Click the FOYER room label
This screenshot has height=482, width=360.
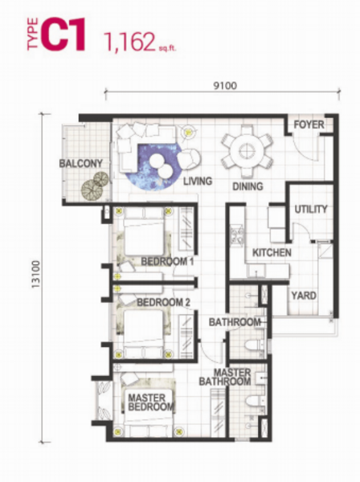point(309,125)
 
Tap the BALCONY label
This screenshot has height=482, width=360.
point(81,164)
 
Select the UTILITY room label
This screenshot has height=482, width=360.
point(311,210)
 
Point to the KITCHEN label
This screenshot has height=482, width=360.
point(272,253)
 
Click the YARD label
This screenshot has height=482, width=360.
point(304,296)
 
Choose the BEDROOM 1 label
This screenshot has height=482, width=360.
point(167,262)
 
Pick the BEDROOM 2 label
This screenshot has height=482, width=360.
point(164,303)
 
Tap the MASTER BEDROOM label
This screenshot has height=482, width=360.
point(151,402)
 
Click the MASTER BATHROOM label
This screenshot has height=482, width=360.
point(225,378)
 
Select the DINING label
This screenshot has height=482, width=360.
point(247,186)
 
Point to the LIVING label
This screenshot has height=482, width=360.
point(198,181)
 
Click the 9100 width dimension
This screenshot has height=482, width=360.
point(225,86)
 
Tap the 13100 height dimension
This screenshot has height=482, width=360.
point(36,275)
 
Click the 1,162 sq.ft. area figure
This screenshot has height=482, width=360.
point(140,42)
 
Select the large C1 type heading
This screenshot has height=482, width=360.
point(63,34)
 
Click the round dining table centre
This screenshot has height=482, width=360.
point(247,151)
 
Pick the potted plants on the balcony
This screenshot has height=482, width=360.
point(95,185)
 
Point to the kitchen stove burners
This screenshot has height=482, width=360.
point(238,235)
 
